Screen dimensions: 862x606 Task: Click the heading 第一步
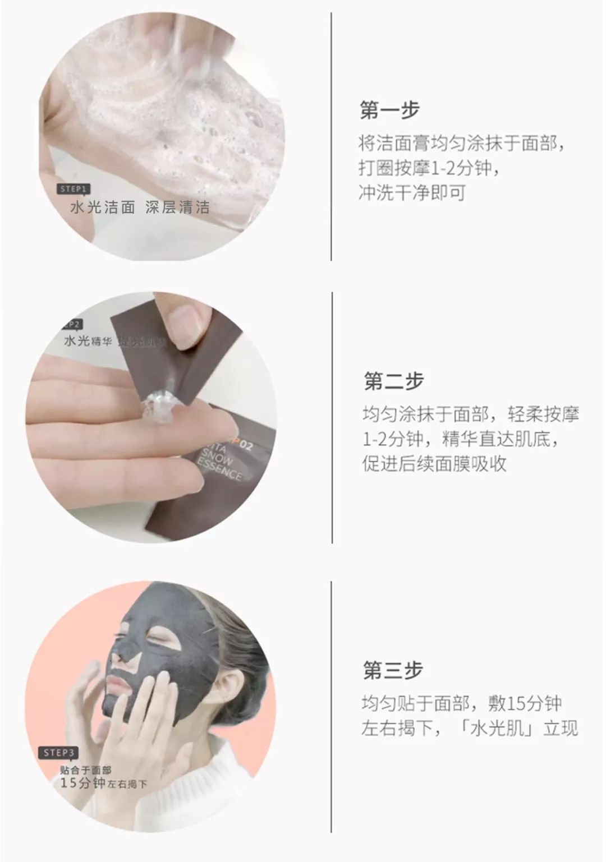(x=389, y=110)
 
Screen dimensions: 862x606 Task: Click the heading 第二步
(x=394, y=381)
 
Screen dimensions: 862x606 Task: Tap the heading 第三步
(x=393, y=671)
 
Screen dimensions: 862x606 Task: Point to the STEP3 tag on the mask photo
(x=58, y=752)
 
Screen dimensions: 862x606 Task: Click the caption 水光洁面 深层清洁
(x=140, y=208)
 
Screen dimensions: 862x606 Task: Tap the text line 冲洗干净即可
(x=412, y=193)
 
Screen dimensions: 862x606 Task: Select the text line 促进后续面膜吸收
(x=434, y=464)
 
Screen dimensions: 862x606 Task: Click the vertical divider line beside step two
(x=332, y=418)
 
